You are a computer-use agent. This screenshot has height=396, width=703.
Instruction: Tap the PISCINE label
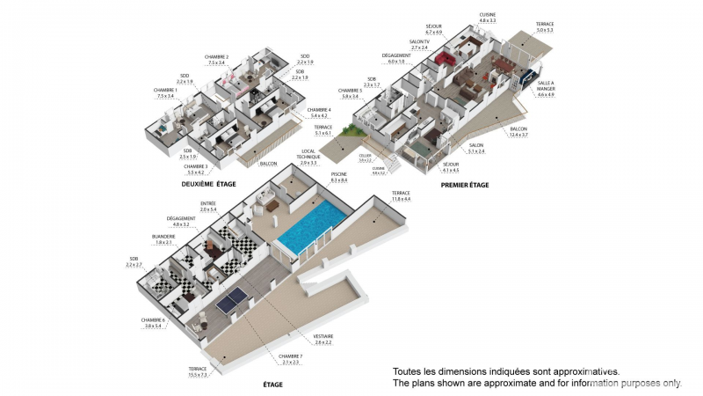337,176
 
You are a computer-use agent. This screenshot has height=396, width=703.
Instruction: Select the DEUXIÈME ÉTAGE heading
207,185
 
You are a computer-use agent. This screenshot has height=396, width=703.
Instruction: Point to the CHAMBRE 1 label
165,91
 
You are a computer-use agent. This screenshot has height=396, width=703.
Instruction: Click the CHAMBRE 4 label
319,110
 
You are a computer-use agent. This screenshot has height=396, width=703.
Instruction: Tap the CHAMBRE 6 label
152,320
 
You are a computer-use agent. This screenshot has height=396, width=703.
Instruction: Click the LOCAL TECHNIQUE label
308,155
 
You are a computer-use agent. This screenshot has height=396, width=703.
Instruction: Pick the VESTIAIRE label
323,336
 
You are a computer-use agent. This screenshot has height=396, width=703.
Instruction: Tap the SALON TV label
419,41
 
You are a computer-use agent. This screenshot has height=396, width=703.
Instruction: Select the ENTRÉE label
208,203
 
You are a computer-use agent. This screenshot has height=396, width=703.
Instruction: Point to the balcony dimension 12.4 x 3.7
518,135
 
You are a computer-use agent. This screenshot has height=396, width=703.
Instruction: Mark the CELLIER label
366,157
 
